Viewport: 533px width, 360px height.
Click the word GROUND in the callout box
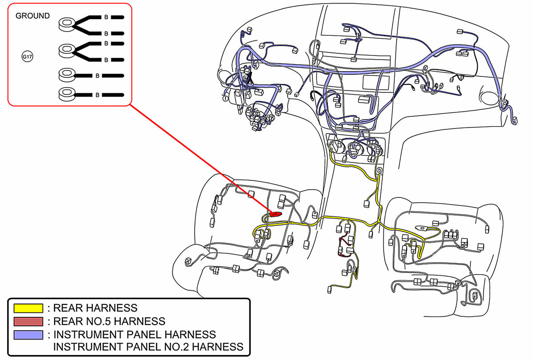coord(32,16)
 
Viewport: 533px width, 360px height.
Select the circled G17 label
coord(28,57)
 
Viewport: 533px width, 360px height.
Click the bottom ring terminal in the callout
coord(68,94)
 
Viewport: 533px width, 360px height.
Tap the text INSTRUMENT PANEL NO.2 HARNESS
coord(148,346)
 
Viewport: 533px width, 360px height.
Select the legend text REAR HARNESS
coord(95,308)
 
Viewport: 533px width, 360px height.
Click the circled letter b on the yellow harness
coord(380,170)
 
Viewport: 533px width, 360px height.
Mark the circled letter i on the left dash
coord(225,98)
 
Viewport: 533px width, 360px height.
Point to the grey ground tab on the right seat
coord(422,228)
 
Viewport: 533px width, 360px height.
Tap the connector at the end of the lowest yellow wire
coord(330,290)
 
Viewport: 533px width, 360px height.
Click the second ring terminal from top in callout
coord(68,49)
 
